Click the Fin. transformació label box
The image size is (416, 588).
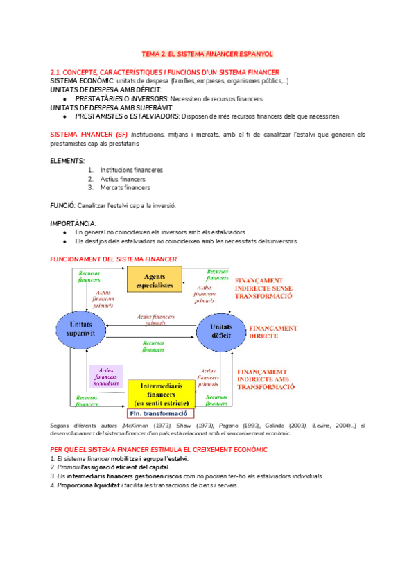(160, 414)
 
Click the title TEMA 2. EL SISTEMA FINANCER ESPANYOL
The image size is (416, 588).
(208, 53)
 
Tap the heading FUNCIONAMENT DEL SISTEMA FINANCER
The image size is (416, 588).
(114, 259)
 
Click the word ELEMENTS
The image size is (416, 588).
(67, 160)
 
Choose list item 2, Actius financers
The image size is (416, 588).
(123, 179)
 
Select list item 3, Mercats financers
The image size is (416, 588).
(125, 187)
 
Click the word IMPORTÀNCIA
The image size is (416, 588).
(73, 223)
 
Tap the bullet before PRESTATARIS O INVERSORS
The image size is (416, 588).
(64, 98)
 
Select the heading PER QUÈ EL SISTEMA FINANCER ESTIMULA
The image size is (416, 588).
(159, 449)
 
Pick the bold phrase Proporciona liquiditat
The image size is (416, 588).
(89, 485)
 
